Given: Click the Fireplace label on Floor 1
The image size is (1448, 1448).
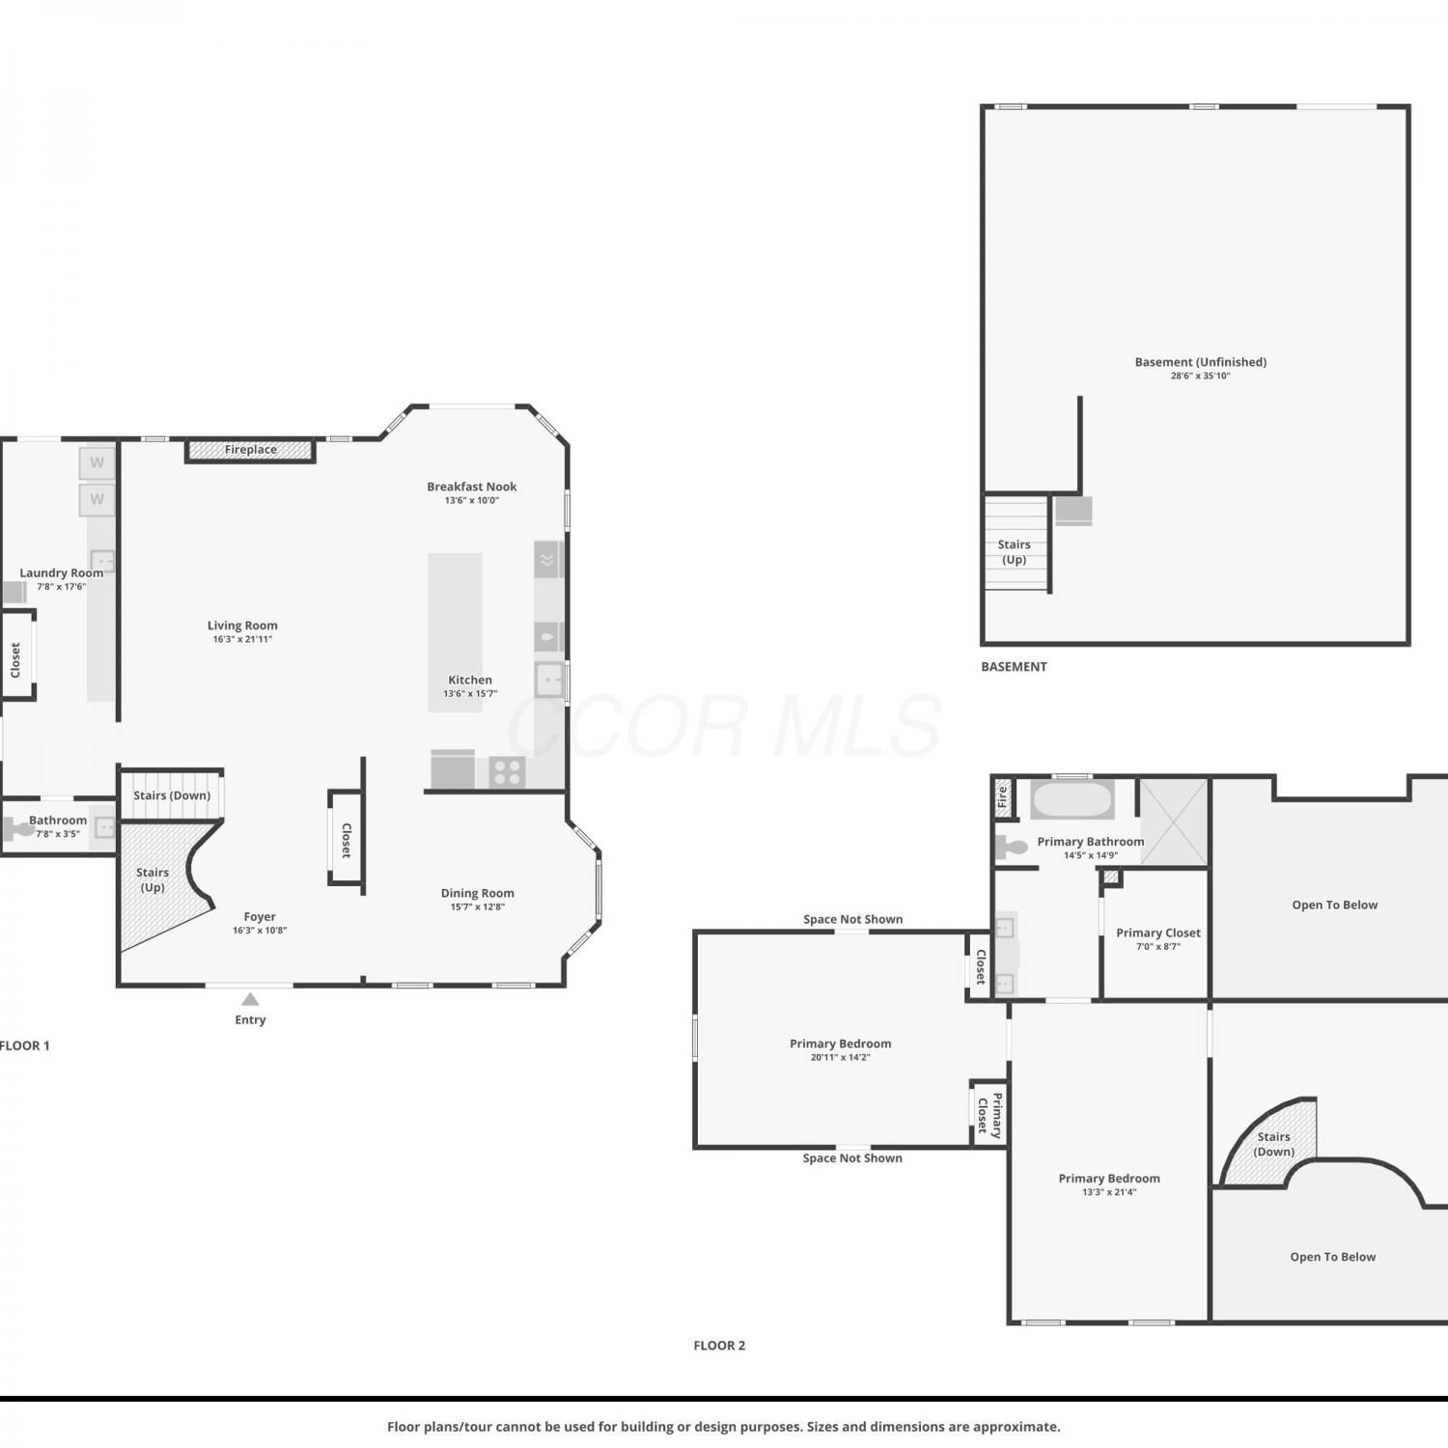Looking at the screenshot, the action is coord(251,450).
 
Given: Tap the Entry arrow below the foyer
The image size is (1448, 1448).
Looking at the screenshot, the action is coord(250,999).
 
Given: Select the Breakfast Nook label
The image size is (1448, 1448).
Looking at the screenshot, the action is coord(472,487).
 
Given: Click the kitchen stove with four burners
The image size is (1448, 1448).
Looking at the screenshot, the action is coord(508,772).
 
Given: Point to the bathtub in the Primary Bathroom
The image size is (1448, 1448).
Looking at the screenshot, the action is coord(1072,800).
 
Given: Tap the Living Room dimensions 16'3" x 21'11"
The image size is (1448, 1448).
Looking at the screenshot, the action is coord(242,639).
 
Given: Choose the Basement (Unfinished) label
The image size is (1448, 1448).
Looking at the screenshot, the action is coord(1201,362).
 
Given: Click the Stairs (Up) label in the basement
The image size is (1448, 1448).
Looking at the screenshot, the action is coord(1014,552).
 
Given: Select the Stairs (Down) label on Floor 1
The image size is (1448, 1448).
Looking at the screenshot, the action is coord(172,795).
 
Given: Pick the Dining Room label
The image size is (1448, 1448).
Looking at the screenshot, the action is coord(478,893).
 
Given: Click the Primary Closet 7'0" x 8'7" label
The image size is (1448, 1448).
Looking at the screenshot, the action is coord(1158,938).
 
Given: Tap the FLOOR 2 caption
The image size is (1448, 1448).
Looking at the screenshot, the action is coord(719,1346).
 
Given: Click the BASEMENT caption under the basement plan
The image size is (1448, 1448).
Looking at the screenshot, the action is coord(1014,667).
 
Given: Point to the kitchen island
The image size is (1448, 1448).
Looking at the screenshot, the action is coord(456,632).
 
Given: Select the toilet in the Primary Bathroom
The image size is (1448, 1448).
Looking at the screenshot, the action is coord(1011,847).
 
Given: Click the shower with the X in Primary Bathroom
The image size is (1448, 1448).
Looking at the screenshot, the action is coord(1174,822).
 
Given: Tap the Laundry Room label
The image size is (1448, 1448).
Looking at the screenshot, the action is coord(62,572).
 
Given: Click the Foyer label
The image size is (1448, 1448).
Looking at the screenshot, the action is coord(260,917).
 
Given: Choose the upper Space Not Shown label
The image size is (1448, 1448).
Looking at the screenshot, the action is coord(853,919).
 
